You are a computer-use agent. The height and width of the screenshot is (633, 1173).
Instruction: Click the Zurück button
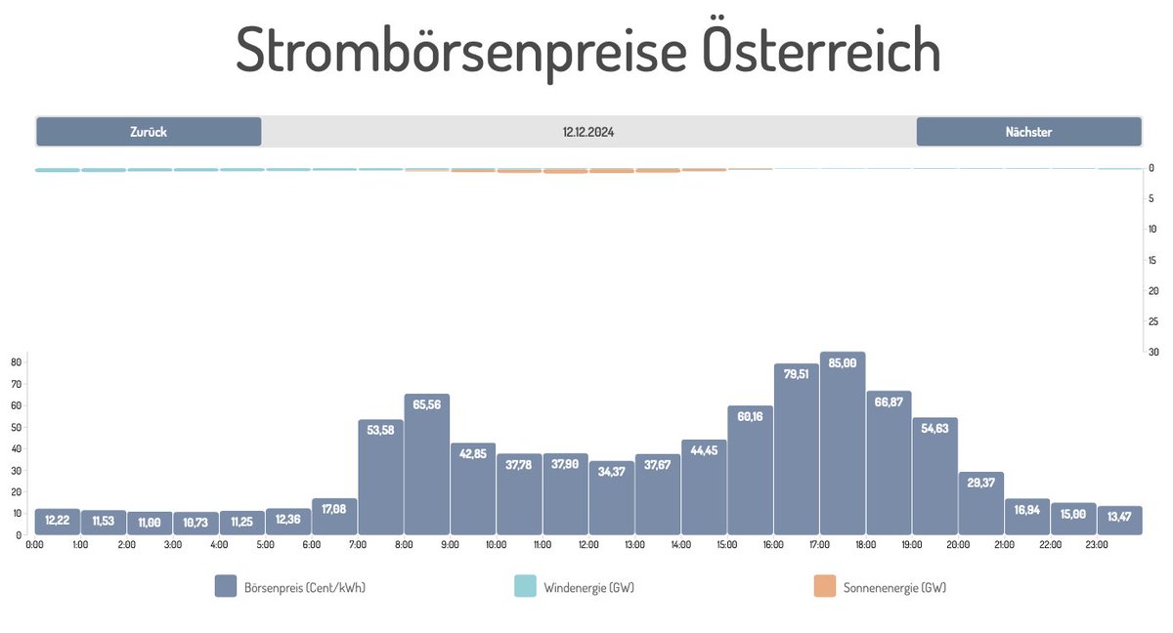coord(149,132)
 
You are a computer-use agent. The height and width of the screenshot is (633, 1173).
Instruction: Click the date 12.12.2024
coord(588,132)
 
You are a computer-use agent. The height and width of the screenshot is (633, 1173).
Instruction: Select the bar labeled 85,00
coord(843,444)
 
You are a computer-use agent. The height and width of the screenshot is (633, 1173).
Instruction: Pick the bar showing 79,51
coord(797,450)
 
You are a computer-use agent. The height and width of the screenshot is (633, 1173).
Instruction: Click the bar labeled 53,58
coord(381,478)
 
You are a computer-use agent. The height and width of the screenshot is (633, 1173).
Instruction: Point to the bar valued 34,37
coord(612,498)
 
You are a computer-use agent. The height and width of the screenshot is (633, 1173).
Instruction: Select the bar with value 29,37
coord(981,504)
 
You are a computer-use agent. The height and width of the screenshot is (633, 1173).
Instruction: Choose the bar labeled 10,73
coord(196,524)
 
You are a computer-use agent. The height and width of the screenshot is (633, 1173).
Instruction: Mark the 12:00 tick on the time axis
coord(588,545)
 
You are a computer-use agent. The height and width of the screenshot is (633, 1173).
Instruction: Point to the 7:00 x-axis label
coord(358,545)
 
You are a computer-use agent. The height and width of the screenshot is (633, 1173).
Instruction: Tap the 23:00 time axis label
coord(1097,545)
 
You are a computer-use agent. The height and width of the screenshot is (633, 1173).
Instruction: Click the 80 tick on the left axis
coord(16,361)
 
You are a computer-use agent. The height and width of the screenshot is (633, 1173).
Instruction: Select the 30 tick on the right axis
coord(1152,353)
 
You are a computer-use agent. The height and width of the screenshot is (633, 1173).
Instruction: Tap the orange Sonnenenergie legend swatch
coord(825,586)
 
